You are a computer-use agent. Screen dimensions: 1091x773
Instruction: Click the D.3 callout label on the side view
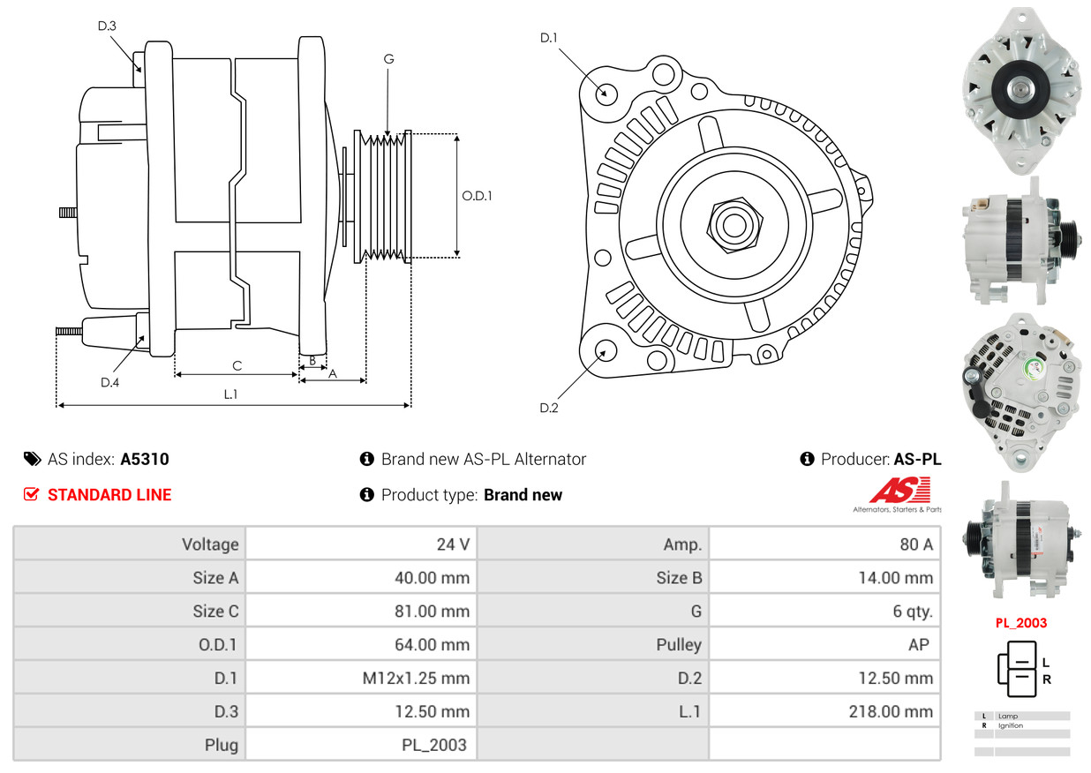point(107,26)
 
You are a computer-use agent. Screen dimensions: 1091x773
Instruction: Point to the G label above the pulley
point(388,59)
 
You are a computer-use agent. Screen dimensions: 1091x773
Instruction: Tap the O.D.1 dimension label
point(477,196)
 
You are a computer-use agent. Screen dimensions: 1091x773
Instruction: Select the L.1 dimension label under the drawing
point(230,394)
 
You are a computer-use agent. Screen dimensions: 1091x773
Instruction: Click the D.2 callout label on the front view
point(549,408)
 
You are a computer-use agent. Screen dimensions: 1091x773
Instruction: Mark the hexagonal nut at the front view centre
point(734,225)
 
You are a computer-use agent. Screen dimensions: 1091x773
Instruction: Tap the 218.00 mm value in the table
point(891,711)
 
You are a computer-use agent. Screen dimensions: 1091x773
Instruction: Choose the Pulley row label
point(679,645)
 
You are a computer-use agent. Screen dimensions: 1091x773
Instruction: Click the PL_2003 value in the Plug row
point(434,746)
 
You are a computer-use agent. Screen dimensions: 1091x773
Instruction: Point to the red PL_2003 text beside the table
point(1021,623)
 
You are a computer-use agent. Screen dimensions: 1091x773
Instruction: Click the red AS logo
point(900,490)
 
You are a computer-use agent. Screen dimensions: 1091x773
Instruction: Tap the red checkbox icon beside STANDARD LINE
point(31,494)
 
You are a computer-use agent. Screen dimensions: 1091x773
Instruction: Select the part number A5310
point(145,459)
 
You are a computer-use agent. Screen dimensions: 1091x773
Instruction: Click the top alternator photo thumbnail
point(1022,91)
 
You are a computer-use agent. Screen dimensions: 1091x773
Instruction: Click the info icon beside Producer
point(807,459)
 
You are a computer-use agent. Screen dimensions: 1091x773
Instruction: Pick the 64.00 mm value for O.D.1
point(432,645)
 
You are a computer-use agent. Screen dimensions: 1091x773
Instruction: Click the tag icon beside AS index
point(33,459)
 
